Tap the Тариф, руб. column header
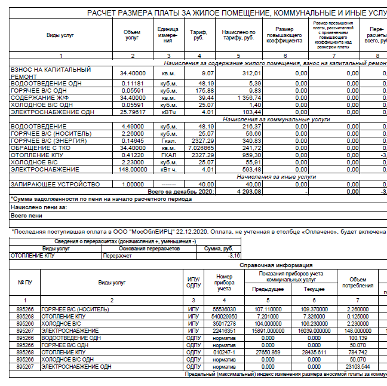pyautogui.click(x=198, y=35)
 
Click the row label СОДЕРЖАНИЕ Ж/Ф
pyautogui.click(x=36, y=97)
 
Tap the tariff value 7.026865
pyautogui.click(x=201, y=148)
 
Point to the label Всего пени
pyautogui.click(x=26, y=215)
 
